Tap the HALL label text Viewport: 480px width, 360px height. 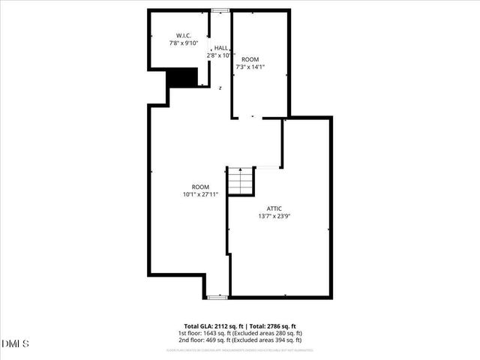coord(221,47)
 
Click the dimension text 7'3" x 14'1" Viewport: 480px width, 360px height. coord(250,67)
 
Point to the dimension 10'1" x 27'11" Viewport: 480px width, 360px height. coord(200,194)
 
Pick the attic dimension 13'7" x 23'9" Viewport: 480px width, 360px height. coord(274,216)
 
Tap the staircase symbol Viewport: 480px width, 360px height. coord(240,181)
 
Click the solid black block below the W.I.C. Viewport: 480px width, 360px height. coord(182,78)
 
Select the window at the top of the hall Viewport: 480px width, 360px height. coord(220,10)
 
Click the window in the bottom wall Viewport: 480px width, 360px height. coord(217,297)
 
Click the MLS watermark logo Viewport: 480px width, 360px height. coord(16,344)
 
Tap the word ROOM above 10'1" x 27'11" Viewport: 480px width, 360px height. coord(200,187)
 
